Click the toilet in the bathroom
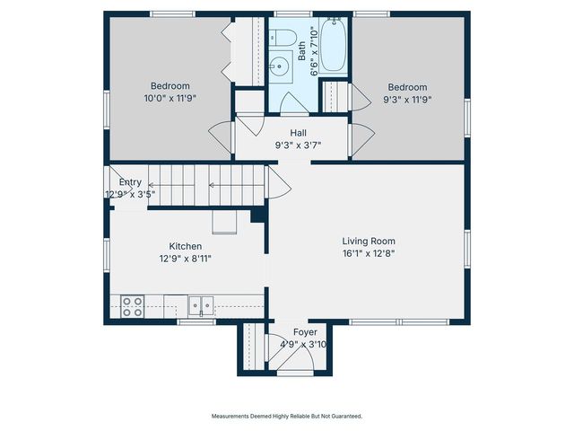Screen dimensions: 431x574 click(x=283, y=39)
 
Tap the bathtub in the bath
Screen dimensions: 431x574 click(x=334, y=45)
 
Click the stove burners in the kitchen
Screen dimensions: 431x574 click(x=133, y=306)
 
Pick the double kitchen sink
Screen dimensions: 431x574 click(x=201, y=306)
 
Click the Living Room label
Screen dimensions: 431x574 click(x=368, y=241)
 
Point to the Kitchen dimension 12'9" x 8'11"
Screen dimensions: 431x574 click(x=186, y=259)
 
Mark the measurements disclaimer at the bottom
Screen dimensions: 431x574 click(x=287, y=416)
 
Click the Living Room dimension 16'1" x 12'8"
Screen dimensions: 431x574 click(x=368, y=253)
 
